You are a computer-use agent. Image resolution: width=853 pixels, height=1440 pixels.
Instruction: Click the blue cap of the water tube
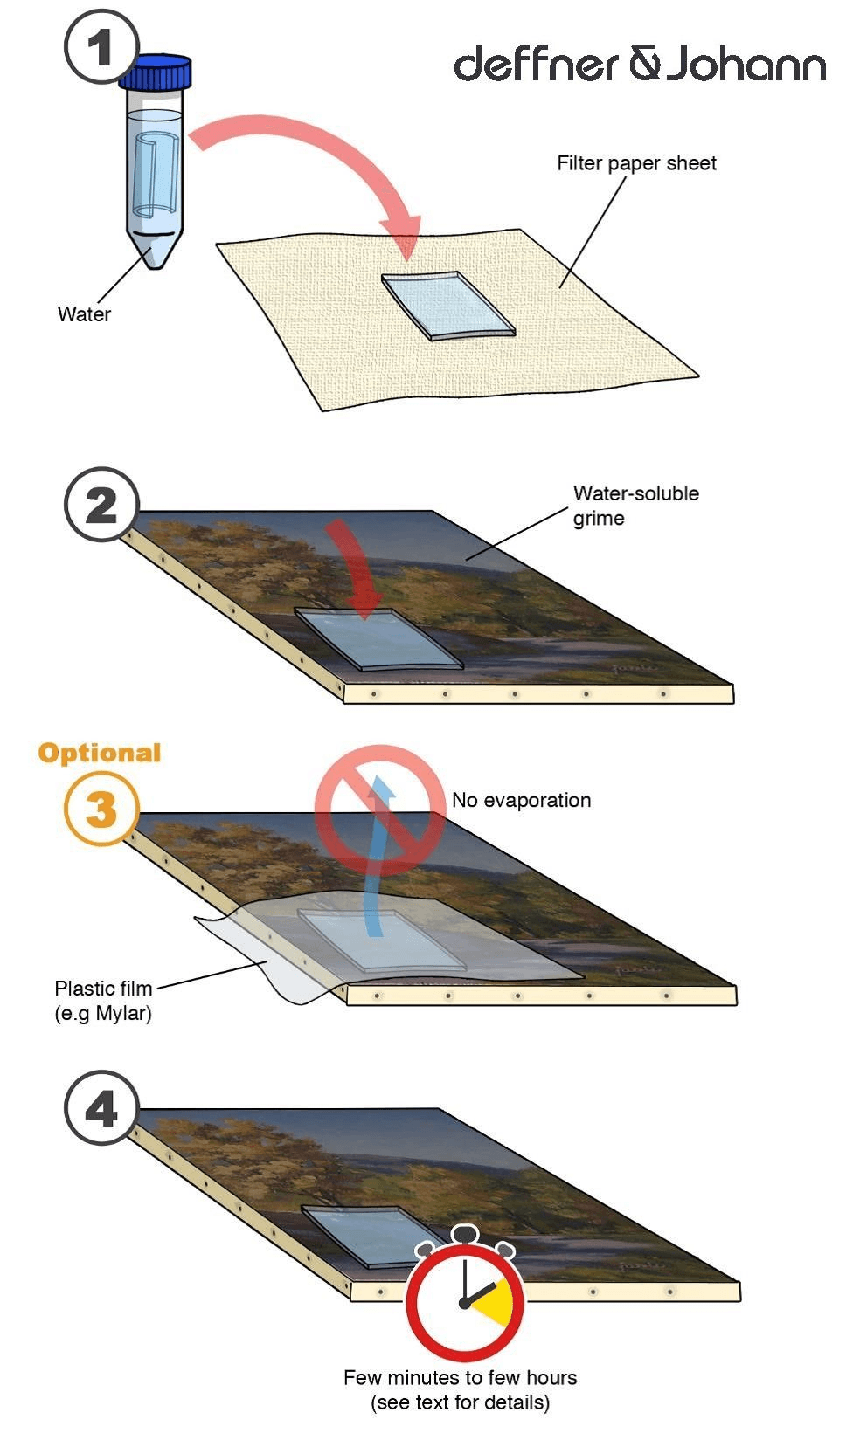point(155,72)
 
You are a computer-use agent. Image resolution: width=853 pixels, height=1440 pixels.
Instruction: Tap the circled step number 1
point(101,47)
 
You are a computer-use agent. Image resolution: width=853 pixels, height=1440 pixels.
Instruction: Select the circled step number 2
point(101,505)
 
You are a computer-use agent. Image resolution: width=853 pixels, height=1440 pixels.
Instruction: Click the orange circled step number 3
point(101,808)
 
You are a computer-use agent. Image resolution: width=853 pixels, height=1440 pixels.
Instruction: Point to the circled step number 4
point(101,1107)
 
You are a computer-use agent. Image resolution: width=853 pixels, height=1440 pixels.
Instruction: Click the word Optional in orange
point(99,753)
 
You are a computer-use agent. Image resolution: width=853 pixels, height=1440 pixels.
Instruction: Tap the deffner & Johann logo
point(640,64)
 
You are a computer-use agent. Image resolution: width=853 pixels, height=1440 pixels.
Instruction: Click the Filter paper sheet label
point(636,163)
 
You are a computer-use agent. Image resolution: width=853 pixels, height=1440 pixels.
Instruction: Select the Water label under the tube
point(84,314)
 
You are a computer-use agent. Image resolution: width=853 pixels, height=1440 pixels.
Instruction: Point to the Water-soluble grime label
point(635,506)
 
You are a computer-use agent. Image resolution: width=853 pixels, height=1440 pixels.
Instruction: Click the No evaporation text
point(521,801)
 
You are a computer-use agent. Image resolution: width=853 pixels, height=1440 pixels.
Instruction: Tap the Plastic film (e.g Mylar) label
point(104,1000)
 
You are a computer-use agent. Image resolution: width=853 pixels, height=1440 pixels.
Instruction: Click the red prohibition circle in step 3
point(379,810)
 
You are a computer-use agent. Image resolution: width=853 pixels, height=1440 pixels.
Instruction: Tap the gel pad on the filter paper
point(448,306)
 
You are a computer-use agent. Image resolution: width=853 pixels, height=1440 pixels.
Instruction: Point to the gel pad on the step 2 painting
point(379,639)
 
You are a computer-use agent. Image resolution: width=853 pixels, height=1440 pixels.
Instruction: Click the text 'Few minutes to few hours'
point(460,1378)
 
